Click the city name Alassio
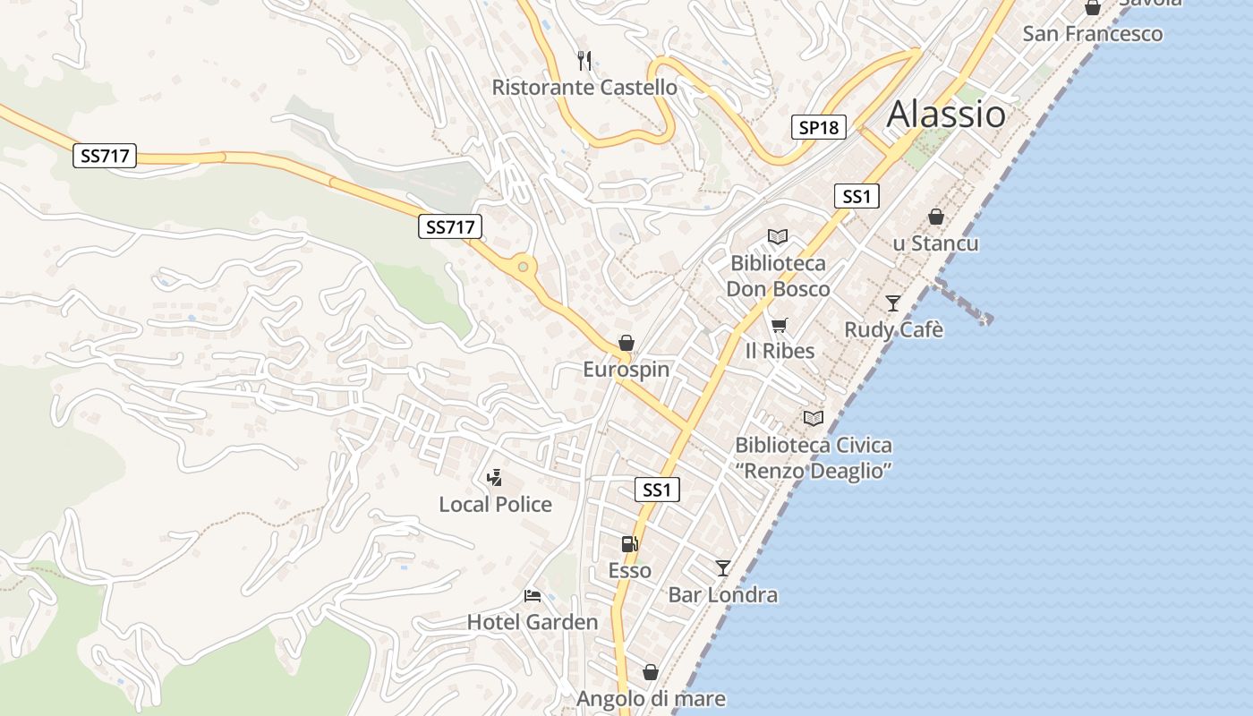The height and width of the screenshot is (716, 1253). coord(946,115)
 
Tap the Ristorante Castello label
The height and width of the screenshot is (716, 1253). coord(584,88)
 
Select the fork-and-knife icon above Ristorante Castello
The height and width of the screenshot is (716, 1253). coord(584,61)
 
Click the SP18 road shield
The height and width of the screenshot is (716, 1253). coord(819,127)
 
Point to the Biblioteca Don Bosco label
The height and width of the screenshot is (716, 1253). coord(778,277)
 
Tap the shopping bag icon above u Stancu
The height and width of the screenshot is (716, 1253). coord(936,217)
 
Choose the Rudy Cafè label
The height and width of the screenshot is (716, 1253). coord(893,329)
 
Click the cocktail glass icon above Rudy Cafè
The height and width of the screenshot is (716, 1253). coord(893,303)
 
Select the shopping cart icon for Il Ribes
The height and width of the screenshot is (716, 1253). coord(780,325)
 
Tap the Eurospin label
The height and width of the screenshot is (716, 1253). coord(626,369)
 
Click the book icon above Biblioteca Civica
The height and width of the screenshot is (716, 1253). coord(814,418)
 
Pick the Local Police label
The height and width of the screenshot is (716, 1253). coord(495,505)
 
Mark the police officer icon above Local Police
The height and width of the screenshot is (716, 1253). coord(494,478)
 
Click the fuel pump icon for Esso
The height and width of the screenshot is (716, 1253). coord(630,543)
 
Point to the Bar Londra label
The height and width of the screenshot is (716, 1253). coord(723,595)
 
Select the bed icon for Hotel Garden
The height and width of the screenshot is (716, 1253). coord(533,595)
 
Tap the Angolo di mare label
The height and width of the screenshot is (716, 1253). coord(651,698)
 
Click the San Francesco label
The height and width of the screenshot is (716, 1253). coord(1093,34)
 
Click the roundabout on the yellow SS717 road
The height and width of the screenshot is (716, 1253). coord(522,266)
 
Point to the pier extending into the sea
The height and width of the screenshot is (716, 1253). coord(963,301)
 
